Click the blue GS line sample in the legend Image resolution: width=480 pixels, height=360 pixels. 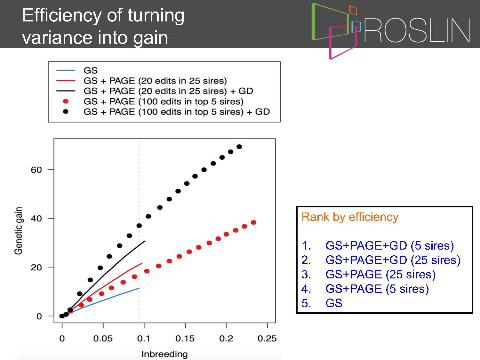coord(66,70)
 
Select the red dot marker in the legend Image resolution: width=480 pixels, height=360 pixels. coord(66,101)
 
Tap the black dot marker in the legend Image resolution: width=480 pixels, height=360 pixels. coord(66,112)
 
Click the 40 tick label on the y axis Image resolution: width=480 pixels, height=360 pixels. coord(36,219)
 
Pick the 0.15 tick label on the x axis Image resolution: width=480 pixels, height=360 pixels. coord(185,339)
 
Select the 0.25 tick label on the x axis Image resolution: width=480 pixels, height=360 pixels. coord(267,339)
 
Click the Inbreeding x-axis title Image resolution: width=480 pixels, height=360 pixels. coord(164,354)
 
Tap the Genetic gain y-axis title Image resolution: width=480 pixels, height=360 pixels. coord(19,231)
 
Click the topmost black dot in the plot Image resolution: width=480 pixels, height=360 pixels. coord(239,147)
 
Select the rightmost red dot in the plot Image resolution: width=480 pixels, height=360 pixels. coord(253,222)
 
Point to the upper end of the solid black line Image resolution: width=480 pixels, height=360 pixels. coord(145,241)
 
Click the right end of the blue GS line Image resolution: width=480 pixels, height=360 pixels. coord(139,288)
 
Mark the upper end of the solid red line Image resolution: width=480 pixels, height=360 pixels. coord(142,263)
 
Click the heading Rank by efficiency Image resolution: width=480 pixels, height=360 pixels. coord(350,217)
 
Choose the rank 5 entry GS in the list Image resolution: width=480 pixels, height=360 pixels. coord(334,303)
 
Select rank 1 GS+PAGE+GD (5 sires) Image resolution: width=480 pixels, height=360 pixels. coord(389,245)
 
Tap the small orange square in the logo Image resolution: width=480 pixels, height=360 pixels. coord(353,10)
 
